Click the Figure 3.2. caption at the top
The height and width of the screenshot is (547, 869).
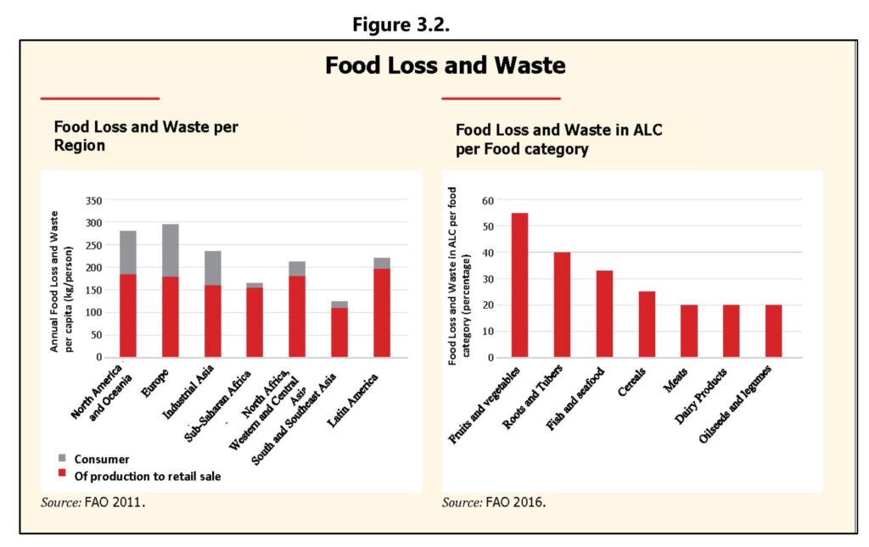pos(401,24)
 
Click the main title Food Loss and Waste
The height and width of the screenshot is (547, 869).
pos(446,66)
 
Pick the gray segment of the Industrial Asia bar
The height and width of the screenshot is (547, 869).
pos(212,267)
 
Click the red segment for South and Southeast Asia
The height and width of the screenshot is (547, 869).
pos(339,332)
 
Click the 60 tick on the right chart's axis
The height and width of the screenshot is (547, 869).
pos(487,201)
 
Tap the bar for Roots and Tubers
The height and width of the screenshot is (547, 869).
pos(562,304)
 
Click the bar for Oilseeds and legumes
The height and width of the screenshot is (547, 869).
pos(773,331)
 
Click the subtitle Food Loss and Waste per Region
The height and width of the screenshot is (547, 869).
pos(146,136)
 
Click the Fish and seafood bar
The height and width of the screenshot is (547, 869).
pos(604,314)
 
